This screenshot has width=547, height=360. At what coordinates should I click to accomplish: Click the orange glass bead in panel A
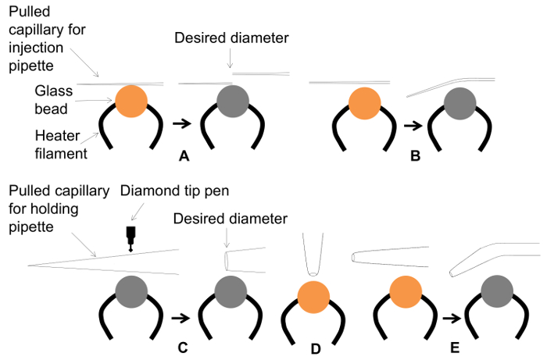coord(130,102)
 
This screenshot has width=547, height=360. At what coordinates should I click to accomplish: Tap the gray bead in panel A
coord(232,102)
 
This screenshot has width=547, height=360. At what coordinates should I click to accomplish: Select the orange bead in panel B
coord(363,103)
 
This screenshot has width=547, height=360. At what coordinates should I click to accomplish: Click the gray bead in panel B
coord(461,103)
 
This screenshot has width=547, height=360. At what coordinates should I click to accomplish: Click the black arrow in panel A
coord(181,123)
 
